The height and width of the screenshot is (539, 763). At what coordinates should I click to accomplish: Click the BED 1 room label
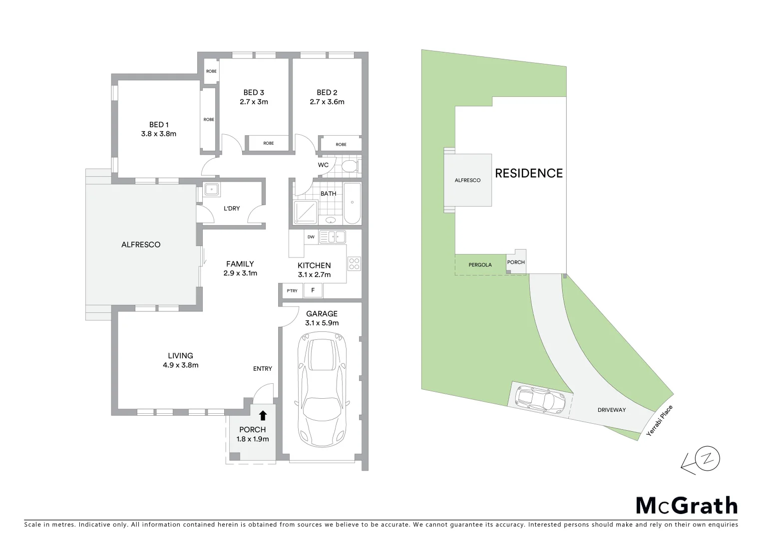[x=159, y=124]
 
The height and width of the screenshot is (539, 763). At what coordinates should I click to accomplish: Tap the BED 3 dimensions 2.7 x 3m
[x=254, y=102]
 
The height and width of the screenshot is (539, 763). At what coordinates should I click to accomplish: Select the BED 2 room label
[x=327, y=92]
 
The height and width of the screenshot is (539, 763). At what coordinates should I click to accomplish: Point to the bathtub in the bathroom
[x=352, y=203]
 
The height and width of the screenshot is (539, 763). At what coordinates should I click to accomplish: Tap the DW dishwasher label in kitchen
[x=311, y=237]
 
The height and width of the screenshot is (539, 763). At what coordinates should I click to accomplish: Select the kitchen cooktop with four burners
[x=354, y=264]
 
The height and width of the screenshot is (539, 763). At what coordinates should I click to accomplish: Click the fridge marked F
[x=313, y=290]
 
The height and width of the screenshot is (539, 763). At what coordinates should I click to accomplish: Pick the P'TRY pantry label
[x=292, y=291]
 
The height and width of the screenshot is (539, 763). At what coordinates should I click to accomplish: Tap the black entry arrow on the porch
[x=263, y=415]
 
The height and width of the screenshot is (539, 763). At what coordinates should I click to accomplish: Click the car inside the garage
[x=322, y=389]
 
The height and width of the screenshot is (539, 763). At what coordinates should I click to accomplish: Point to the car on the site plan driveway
[x=542, y=399]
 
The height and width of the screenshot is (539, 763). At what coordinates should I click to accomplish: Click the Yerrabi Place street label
[x=660, y=421]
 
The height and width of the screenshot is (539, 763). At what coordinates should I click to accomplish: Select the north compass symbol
[x=708, y=458]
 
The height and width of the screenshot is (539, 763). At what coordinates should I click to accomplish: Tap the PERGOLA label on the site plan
[x=480, y=265]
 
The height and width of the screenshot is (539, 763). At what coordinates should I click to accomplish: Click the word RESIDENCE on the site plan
[x=528, y=173]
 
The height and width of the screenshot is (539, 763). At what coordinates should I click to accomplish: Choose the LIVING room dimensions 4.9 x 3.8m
[x=180, y=365]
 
